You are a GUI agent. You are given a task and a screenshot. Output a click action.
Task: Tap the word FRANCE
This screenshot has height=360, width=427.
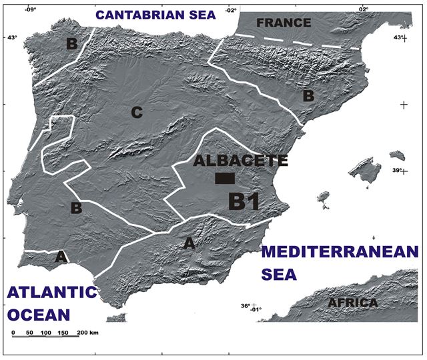(x=284, y=23)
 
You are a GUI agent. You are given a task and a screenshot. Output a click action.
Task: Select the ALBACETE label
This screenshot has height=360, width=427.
(x=240, y=161)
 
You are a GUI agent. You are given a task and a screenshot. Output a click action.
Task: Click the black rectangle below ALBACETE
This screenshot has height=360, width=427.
(x=225, y=178)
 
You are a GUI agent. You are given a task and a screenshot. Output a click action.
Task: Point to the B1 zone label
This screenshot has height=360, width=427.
(x=244, y=201)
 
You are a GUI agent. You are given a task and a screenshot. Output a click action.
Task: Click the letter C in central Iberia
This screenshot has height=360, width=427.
(x=136, y=113)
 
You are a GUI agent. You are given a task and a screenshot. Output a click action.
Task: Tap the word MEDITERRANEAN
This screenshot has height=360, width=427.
(x=340, y=253)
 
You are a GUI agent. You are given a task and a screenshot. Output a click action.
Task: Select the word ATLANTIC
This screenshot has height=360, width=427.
(x=52, y=292)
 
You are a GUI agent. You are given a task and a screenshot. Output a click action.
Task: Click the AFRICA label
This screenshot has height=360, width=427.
(x=353, y=303)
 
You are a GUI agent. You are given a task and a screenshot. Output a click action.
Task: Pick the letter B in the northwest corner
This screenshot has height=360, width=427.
(x=71, y=45)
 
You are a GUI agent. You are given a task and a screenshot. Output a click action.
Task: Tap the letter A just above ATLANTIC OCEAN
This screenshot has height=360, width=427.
(x=61, y=255)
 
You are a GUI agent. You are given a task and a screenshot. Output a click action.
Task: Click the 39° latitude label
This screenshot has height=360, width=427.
(x=397, y=171)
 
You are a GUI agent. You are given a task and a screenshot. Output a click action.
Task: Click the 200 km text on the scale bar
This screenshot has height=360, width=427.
(x=88, y=332)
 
